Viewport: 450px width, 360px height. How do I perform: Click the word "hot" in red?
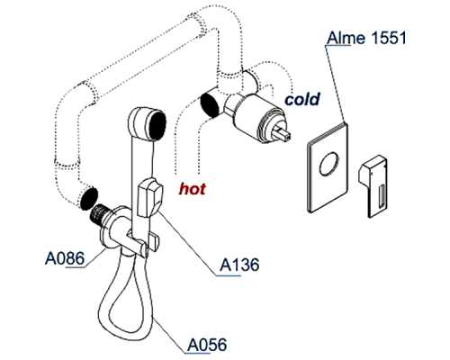point(193,189)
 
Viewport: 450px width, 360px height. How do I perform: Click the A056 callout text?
point(208,343)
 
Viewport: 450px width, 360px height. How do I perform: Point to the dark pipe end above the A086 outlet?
point(88,195)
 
